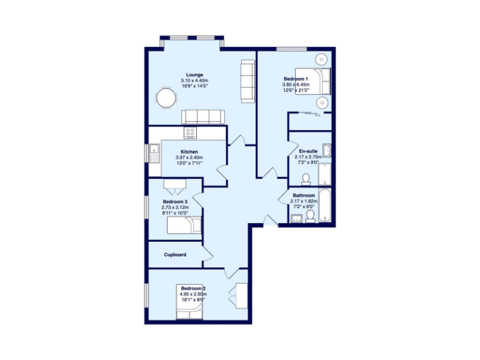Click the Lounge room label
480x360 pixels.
pyautogui.click(x=194, y=75)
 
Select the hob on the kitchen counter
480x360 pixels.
pyautogui.click(x=190, y=132)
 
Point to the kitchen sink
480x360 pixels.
pyautogui.click(x=154, y=150)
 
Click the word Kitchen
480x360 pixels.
pyautogui.click(x=189, y=152)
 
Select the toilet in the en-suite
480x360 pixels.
pyautogui.click(x=306, y=180)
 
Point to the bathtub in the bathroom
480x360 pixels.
pyautogui.click(x=326, y=205)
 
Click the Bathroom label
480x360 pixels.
pyautogui.click(x=305, y=196)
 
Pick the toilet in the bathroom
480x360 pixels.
pyautogui.click(x=310, y=216)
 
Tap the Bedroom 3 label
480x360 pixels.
pyautogui.click(x=175, y=202)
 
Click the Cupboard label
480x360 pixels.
pyautogui.click(x=175, y=255)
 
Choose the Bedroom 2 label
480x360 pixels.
pyautogui.click(x=193, y=289)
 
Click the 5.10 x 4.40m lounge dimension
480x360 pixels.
pyautogui.click(x=194, y=81)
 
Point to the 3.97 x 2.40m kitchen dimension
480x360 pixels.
pyautogui.click(x=189, y=158)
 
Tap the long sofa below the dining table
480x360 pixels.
pyautogui.click(x=202, y=116)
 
